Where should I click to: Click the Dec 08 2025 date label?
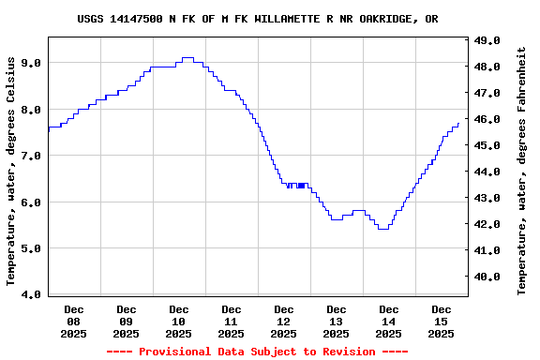(73, 321)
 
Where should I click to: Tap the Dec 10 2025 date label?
(178, 321)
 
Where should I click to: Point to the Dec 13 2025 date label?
(336, 321)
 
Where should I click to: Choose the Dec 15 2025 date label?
(441, 321)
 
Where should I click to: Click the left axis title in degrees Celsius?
(11, 170)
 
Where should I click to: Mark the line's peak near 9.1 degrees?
(187, 58)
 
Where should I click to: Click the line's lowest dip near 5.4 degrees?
(382, 229)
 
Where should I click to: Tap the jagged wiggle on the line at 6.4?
(296, 185)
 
